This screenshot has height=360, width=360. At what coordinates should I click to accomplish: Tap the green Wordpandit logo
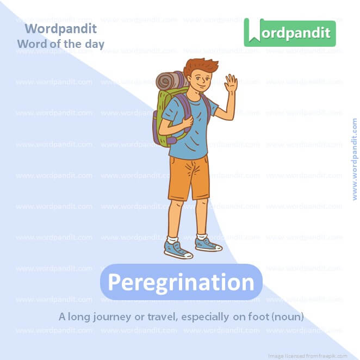coord(290,33)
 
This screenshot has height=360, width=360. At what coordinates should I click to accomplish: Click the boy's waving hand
coord(231,84)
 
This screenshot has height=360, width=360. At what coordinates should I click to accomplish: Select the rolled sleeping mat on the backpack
coord(170,80)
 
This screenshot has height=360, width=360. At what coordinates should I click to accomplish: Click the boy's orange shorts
coord(188,177)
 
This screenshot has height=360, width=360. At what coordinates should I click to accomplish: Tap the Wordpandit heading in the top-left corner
coord(60,29)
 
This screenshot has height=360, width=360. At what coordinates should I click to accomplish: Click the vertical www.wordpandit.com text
coord(355,159)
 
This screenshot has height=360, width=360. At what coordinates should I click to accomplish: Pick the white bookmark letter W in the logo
coord(253,33)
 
